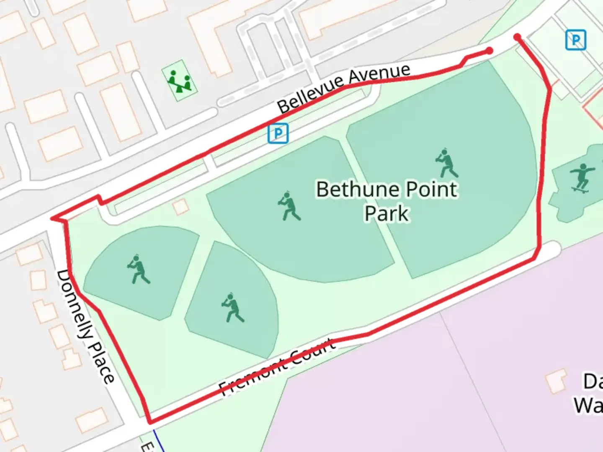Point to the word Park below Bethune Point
(386, 213)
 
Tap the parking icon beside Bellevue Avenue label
(278, 134)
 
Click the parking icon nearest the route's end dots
(575, 40)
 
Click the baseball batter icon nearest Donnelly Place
(138, 269)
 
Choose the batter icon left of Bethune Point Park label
(289, 206)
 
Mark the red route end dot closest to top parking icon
(518, 37)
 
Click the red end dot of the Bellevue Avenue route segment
(489, 51)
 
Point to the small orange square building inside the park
(181, 207)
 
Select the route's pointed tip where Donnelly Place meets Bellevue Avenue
(52, 218)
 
